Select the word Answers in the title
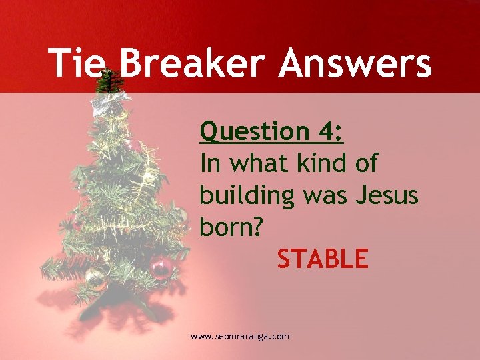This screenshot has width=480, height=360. [x=355, y=64]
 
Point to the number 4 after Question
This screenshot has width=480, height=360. [x=331, y=131]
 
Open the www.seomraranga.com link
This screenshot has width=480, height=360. [x=240, y=337]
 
